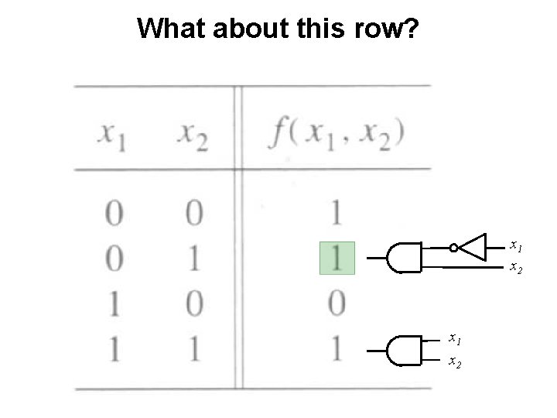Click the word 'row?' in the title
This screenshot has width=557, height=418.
384,29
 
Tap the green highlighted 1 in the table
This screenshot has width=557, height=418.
337,259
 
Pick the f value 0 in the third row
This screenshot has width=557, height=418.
337,303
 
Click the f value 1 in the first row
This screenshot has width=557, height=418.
337,213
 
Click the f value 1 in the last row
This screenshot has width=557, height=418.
337,349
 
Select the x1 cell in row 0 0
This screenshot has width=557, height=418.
114,213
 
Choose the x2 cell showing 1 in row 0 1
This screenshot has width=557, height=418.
193,259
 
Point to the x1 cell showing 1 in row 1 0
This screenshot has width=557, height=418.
114,303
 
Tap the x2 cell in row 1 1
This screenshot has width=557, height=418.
193,349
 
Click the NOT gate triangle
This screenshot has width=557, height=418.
473,248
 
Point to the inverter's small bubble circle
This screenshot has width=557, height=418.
454,248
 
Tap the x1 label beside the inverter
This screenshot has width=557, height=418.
515,246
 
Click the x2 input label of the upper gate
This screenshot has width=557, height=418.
515,268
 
